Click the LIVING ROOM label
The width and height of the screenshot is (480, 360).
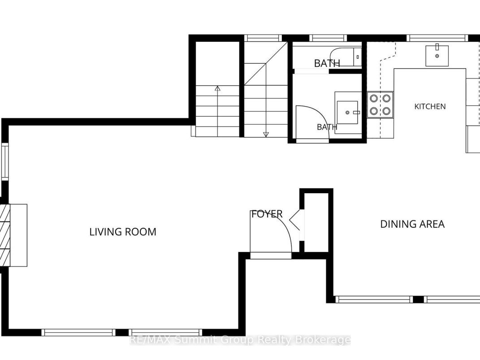pyautogui.click(x=123, y=232)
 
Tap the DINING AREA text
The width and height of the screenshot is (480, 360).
pyautogui.click(x=412, y=224)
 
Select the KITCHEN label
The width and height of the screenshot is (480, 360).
pyautogui.click(x=430, y=107)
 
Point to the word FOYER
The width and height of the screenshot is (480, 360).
pyautogui.click(x=267, y=214)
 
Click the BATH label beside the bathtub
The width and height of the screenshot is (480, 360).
pyautogui.click(x=327, y=63)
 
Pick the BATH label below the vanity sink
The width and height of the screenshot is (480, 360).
pyautogui.click(x=327, y=127)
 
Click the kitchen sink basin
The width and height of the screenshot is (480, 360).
pyautogui.click(x=437, y=56)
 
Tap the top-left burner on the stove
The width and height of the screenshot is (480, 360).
pyautogui.click(x=373, y=98)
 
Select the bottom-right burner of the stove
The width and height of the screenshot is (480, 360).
pyautogui.click(x=387, y=111)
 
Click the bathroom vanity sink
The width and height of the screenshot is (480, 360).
pyautogui.click(x=347, y=113)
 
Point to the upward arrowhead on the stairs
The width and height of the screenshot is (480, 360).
pyautogui.click(x=218, y=89)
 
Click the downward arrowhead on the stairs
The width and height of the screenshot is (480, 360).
pyautogui.click(x=266, y=134)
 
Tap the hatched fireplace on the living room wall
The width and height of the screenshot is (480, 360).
pyautogui.click(x=5, y=235)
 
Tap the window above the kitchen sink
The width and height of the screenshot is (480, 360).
pyautogui.click(x=438, y=38)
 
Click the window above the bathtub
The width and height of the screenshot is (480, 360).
pyautogui.click(x=328, y=38)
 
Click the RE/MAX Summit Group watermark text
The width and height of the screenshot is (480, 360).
pyautogui.click(x=240, y=340)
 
